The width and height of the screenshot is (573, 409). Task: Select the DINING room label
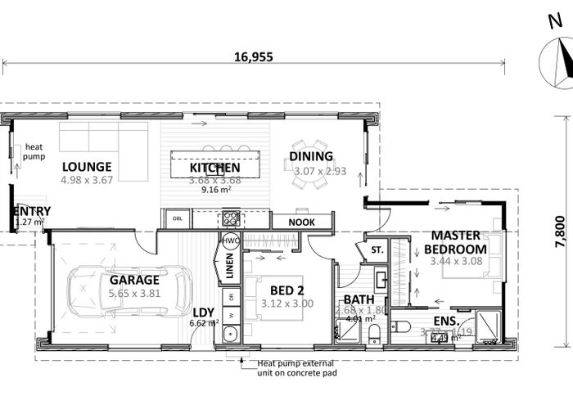point(311,156)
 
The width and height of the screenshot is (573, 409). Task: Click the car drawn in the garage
point(123,293)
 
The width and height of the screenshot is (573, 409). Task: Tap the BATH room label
point(359,300)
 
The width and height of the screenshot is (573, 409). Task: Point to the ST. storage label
point(378,249)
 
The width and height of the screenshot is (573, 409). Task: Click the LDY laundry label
point(204,312)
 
